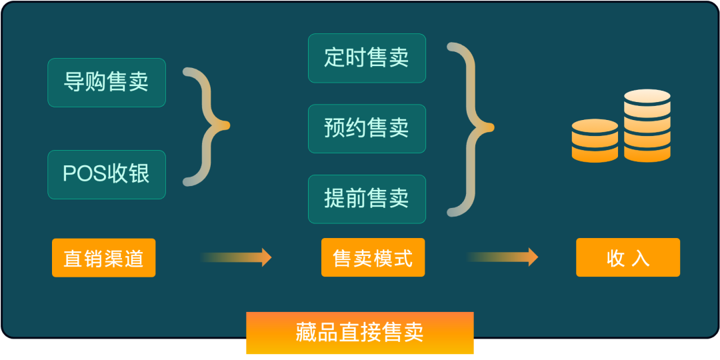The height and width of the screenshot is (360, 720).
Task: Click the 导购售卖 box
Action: [x=107, y=83]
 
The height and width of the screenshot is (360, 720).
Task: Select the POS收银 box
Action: [x=107, y=174]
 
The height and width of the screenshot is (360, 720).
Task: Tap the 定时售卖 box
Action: [x=367, y=58]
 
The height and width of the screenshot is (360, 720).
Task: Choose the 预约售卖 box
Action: [x=367, y=128]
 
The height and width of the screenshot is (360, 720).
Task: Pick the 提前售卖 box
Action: [x=367, y=199]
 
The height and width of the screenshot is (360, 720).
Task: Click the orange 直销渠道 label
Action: [x=103, y=258]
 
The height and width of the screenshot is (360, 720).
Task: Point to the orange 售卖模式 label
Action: [x=373, y=258]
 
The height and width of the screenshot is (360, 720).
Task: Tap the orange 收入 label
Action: [x=628, y=258]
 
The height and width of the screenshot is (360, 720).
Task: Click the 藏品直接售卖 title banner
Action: [x=360, y=333]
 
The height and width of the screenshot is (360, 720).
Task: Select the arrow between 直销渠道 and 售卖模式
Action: [x=237, y=257]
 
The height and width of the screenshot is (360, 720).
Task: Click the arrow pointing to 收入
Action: [x=503, y=257]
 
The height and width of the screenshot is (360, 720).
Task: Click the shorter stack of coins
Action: [x=595, y=140]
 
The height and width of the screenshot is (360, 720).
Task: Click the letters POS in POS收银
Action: [x=78, y=174]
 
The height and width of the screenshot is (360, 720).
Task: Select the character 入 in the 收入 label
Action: [x=640, y=258]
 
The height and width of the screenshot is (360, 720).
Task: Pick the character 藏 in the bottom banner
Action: [x=306, y=333]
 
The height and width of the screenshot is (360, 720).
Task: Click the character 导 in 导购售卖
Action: [x=73, y=83]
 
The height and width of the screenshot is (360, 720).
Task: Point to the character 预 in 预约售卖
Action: [x=334, y=128]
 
